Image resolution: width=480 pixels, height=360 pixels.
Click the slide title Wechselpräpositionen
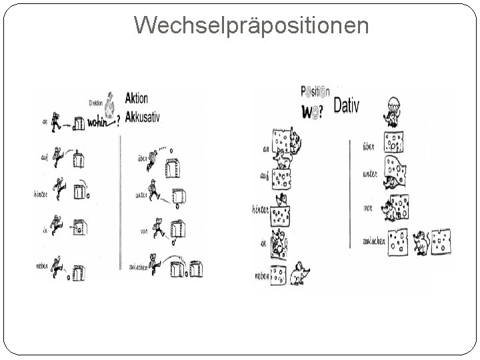251,25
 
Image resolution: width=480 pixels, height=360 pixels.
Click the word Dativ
345,105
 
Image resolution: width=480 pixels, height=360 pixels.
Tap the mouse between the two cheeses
421,243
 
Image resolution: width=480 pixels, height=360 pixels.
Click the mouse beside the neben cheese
297,273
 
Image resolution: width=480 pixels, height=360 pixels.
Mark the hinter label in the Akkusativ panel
42,194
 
